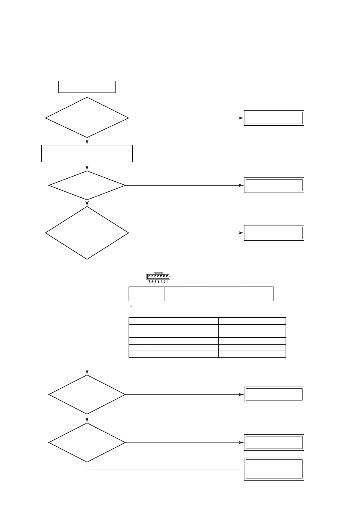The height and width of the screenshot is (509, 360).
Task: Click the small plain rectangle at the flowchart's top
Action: tap(87, 87)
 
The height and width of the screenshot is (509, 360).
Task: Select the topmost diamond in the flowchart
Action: tap(87, 118)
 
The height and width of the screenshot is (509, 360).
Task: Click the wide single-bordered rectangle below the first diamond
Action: tap(87, 154)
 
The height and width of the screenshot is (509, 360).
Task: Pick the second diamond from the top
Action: tap(87, 185)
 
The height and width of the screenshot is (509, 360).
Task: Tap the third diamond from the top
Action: tap(87, 233)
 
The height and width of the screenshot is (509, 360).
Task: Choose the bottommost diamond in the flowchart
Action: tap(87, 443)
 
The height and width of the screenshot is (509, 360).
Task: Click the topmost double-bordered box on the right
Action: tap(274, 118)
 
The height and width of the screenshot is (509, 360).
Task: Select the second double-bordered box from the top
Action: tap(274, 185)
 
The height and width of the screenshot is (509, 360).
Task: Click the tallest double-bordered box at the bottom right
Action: tap(274, 469)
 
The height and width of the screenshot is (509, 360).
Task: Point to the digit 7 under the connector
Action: tap(149, 282)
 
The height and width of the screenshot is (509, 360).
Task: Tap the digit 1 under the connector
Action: tap(168, 282)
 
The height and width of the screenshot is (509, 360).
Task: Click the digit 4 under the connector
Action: tap(158, 282)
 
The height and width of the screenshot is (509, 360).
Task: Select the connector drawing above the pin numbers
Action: tap(159, 276)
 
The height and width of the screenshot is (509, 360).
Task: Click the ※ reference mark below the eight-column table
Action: tap(131, 306)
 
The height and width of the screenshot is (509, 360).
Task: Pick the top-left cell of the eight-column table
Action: tap(138, 290)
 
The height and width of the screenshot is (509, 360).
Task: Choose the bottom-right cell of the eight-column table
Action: tap(264, 297)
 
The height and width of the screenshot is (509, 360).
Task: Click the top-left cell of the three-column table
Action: tap(138, 321)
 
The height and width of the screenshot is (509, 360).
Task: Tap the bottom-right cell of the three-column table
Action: tap(252, 354)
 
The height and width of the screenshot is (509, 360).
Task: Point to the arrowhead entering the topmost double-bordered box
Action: tap(241, 118)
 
